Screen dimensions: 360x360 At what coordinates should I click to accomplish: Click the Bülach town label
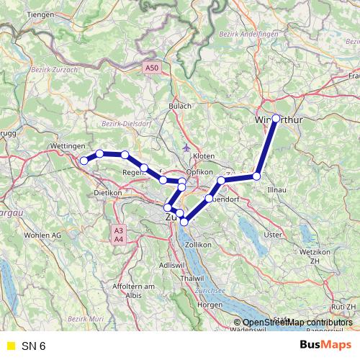point(180,106)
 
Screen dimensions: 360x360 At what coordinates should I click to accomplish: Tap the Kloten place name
point(204,156)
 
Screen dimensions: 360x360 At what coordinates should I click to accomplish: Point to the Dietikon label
point(110,194)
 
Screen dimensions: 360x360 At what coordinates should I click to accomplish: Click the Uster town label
point(273,235)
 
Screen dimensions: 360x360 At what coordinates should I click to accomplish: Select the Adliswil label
point(170,266)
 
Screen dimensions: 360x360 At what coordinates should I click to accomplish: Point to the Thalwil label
point(194,278)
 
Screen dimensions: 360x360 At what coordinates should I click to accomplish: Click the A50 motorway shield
point(150,67)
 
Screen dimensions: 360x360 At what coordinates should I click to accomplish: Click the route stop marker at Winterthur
point(276,118)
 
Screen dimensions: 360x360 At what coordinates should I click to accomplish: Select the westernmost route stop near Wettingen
point(84,161)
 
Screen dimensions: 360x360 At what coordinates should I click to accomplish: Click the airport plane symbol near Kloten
point(187,147)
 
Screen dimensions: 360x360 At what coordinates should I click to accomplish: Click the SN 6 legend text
point(34,346)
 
